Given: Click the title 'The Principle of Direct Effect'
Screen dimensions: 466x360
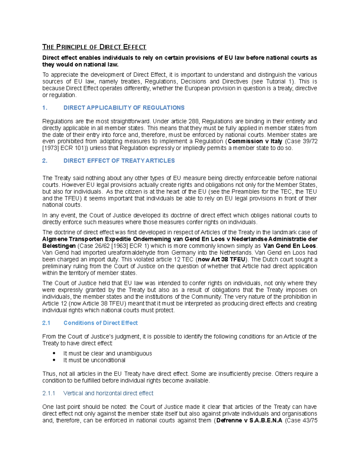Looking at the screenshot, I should tap(94, 47).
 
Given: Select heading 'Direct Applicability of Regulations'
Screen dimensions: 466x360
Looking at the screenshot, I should tap(124, 108).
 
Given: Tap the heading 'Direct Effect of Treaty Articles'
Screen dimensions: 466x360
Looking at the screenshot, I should tap(119, 161).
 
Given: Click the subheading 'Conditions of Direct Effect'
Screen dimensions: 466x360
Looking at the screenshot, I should tap(100, 323).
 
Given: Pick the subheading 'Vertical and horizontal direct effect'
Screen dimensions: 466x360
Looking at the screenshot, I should tap(108, 393).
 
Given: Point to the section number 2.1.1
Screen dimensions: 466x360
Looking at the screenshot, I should tap(49, 393).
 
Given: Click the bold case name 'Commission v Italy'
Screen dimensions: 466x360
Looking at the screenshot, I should tap(255, 141).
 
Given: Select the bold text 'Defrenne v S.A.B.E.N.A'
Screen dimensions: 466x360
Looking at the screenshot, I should tap(249, 420).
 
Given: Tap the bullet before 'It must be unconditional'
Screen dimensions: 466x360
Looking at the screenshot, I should tap(54, 360).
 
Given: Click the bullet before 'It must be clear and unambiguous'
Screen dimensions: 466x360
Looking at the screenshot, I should tap(54, 353).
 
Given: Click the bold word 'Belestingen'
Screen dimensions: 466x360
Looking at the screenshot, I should tap(59, 246).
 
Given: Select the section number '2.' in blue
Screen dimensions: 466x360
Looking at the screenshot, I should tap(45, 161).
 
